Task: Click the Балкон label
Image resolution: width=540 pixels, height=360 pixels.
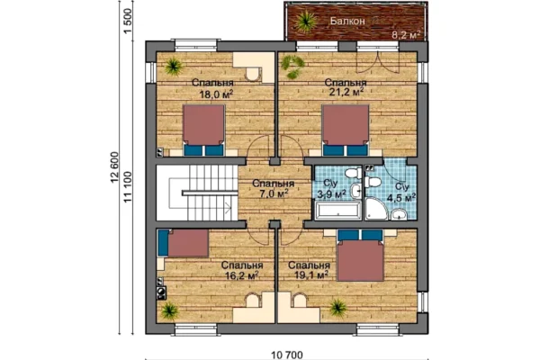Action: tap(347, 21)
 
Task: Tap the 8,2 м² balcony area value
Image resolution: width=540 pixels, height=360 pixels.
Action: tap(407, 34)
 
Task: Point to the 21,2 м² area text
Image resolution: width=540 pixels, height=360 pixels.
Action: tap(346, 92)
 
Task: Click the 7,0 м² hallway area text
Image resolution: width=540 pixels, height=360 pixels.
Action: tap(274, 193)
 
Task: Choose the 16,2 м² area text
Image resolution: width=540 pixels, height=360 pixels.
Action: tap(241, 275)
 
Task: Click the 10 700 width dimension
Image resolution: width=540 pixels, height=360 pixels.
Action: tap(287, 355)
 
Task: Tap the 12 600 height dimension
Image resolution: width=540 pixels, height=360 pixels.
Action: tap(114, 167)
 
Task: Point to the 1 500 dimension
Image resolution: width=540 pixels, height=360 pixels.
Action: tap(128, 22)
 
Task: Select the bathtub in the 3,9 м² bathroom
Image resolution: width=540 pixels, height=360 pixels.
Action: tap(338, 211)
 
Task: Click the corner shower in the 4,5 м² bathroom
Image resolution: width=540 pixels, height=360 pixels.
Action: tap(376, 208)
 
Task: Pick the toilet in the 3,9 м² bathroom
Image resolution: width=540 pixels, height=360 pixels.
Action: tap(353, 173)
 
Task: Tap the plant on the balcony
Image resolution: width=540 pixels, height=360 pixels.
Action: tap(305, 21)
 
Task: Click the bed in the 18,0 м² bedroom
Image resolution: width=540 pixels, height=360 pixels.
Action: tap(203, 130)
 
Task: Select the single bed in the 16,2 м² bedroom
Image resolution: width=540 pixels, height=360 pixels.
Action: tap(184, 243)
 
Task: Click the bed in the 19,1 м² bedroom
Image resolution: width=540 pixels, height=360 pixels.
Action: tap(360, 256)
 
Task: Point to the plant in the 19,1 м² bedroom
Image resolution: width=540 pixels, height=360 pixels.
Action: tap(337, 307)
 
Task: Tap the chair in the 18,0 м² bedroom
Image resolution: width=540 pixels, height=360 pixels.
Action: tap(252, 74)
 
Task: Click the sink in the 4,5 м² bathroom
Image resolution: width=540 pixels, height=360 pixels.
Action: tap(399, 214)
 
